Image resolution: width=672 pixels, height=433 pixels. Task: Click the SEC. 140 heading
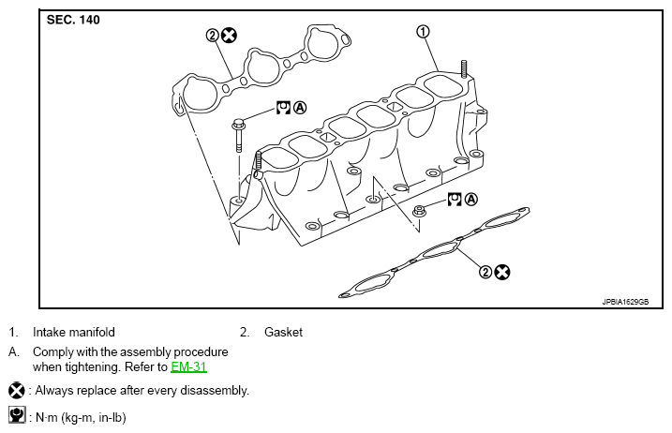pyautogui.click(x=73, y=20)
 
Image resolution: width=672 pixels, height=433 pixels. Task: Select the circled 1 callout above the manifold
pyautogui.click(x=423, y=31)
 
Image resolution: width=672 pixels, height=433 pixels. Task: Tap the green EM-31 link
pyautogui.click(x=188, y=367)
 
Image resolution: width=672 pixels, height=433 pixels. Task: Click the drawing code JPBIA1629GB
pyautogui.click(x=625, y=302)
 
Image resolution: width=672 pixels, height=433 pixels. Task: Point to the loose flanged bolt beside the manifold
pyautogui.click(x=238, y=135)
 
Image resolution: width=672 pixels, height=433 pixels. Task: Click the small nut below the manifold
pyautogui.click(x=419, y=211)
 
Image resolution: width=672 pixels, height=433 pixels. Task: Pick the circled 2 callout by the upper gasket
pyautogui.click(x=213, y=36)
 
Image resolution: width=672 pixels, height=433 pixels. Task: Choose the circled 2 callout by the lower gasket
pyautogui.click(x=485, y=272)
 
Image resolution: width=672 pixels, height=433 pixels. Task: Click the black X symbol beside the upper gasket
pyautogui.click(x=229, y=36)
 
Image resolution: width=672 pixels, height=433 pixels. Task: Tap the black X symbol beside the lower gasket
pyautogui.click(x=501, y=272)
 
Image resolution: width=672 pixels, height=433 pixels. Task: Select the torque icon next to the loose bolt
pyautogui.click(x=283, y=107)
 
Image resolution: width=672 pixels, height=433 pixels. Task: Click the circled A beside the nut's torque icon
pyautogui.click(x=471, y=199)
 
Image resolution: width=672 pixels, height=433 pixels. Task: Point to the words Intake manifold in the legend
pyautogui.click(x=74, y=333)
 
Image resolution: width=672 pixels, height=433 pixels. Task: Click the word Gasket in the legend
pyautogui.click(x=283, y=333)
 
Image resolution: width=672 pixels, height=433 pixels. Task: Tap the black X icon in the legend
pyautogui.click(x=17, y=391)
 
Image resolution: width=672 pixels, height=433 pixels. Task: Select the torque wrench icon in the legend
pyautogui.click(x=17, y=415)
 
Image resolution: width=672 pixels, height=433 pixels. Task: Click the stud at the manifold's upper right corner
pyautogui.click(x=464, y=69)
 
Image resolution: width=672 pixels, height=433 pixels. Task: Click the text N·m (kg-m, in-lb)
pyautogui.click(x=81, y=418)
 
